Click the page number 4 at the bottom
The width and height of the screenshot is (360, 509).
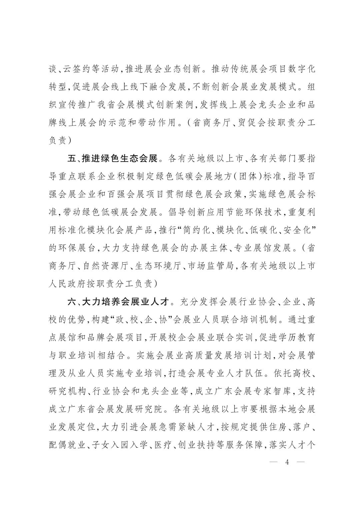(287, 462)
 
